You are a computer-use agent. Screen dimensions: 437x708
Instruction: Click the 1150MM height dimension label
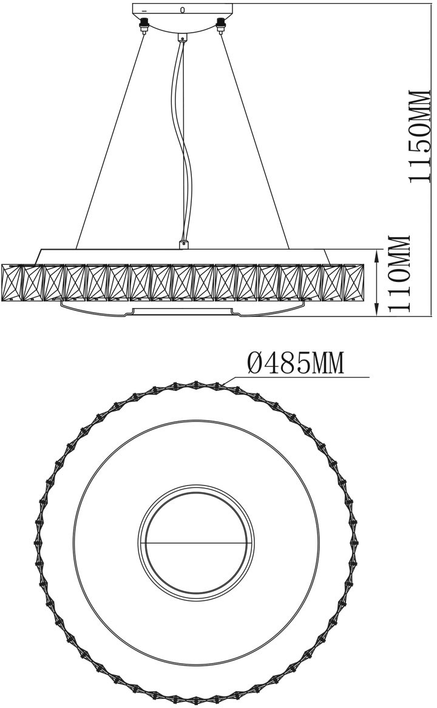pyautogui.click(x=419, y=135)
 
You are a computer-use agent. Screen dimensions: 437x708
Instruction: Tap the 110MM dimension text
pyautogui.click(x=399, y=273)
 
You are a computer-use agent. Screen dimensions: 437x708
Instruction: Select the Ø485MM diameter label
pyautogui.click(x=296, y=363)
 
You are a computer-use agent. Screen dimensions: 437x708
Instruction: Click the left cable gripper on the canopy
pyautogui.click(x=144, y=25)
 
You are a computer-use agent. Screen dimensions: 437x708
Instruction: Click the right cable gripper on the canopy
pyautogui.click(x=221, y=25)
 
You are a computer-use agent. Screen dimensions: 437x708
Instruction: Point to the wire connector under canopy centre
pyautogui.click(x=183, y=37)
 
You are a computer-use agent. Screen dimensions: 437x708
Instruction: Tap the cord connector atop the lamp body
pyautogui.click(x=183, y=244)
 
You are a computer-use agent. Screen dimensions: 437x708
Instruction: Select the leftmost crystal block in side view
pyautogui.click(x=12, y=282)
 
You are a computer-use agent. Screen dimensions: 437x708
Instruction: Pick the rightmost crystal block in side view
pyautogui.click(x=354, y=282)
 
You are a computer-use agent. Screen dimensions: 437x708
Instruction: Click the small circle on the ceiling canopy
pyautogui.click(x=182, y=9)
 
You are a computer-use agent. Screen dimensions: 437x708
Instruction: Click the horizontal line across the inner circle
pyautogui.click(x=195, y=542)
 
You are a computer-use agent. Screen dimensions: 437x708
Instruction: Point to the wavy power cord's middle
pyautogui.click(x=182, y=140)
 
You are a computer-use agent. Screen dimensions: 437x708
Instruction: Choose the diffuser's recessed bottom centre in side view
pyautogui.click(x=183, y=310)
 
